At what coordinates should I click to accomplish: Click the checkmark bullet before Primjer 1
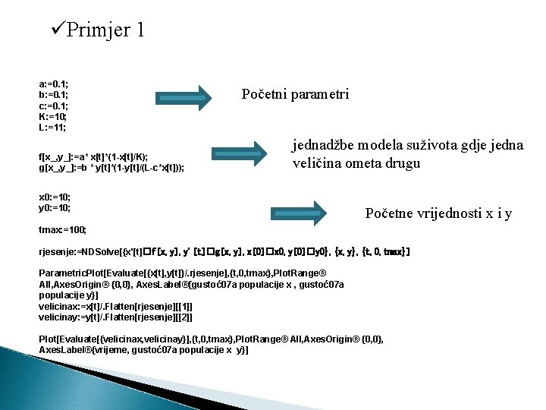(57, 30)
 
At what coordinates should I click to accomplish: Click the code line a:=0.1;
(54, 84)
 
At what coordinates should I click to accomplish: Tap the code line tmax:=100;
(63, 229)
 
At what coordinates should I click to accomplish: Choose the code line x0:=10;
(55, 196)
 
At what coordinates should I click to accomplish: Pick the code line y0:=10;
(55, 207)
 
